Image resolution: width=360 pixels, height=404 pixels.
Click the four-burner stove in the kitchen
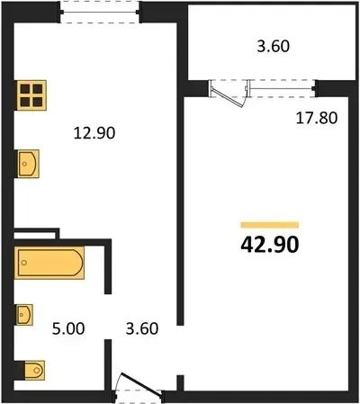click(x=31, y=95)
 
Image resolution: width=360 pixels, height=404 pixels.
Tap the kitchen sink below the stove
click(x=28, y=164)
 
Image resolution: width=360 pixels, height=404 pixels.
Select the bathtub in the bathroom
click(x=49, y=263)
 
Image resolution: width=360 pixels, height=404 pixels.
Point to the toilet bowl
click(x=34, y=370)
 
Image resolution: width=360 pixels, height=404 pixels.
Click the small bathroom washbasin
click(x=24, y=315)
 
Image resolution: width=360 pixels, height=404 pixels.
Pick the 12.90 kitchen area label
click(x=94, y=133)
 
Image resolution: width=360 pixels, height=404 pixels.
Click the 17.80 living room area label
click(x=317, y=118)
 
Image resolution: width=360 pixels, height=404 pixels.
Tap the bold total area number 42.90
click(x=270, y=245)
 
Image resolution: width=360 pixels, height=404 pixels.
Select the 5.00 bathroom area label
click(x=68, y=328)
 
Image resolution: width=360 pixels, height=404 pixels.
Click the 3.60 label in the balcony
click(x=274, y=47)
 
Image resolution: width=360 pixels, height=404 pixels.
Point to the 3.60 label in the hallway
click(x=142, y=328)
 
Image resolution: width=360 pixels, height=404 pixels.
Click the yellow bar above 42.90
click(x=270, y=225)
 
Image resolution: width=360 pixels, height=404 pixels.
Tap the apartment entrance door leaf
click(x=142, y=384)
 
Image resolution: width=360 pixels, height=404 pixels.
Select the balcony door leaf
click(x=227, y=97)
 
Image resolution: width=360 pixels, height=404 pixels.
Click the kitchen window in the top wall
click(x=100, y=12)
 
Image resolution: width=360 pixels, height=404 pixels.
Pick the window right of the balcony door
click(x=282, y=88)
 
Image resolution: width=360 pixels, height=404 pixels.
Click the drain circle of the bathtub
click(x=24, y=263)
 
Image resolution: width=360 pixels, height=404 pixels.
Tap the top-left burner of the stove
click(x=25, y=89)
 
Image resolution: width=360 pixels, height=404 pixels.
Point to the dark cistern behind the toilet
click(x=20, y=370)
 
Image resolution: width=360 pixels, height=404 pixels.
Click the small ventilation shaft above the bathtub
click(x=35, y=234)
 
